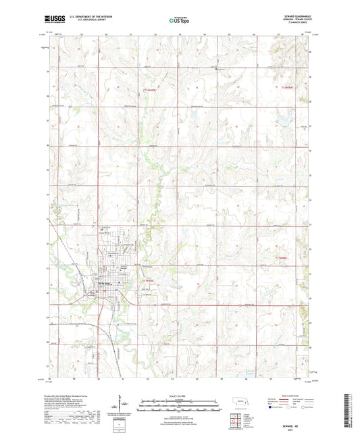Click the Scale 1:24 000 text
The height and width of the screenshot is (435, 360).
point(179,395)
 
